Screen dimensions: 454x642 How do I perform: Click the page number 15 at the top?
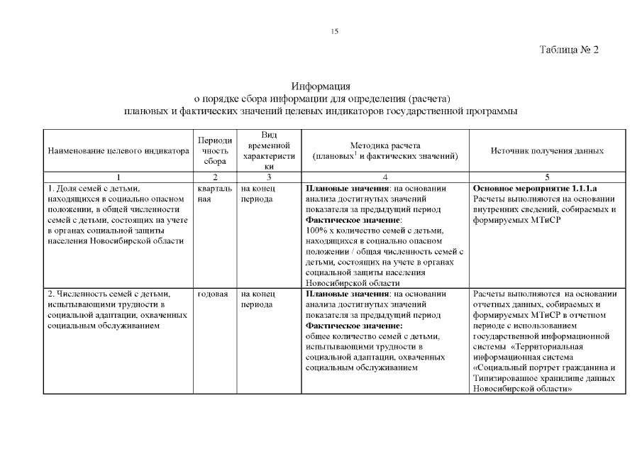(335, 31)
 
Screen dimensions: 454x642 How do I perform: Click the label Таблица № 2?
(570, 50)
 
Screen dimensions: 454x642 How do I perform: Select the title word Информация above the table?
(321, 86)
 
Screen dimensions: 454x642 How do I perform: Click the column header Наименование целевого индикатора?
(118, 151)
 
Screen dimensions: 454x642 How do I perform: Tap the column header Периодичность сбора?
(214, 150)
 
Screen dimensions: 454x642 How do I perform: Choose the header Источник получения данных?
(547, 151)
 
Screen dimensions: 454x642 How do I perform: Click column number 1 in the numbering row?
(118, 177)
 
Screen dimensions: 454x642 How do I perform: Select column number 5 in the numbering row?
(547, 177)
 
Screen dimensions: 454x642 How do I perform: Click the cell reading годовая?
(212, 294)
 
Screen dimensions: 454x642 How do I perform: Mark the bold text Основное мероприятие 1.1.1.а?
(535, 189)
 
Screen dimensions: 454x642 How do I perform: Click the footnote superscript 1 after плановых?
(354, 153)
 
